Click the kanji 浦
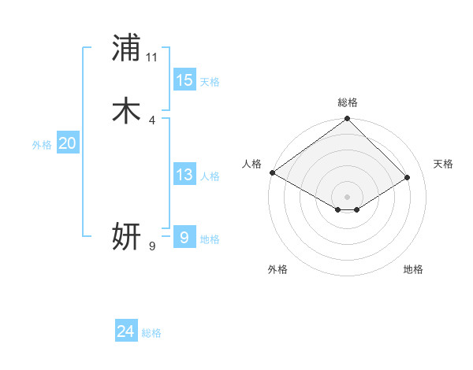click(126, 48)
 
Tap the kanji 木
click(126, 111)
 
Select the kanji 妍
click(126, 237)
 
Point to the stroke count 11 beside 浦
click(152, 57)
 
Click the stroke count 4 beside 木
click(152, 120)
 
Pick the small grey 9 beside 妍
click(152, 246)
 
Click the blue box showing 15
click(184, 80)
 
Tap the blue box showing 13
click(184, 175)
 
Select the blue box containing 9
click(184, 237)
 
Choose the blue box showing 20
click(68, 143)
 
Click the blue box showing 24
click(126, 331)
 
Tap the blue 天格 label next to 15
click(210, 82)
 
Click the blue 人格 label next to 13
click(210, 176)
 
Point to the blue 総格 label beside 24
click(151, 333)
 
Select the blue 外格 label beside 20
click(42, 145)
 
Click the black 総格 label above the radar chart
click(348, 102)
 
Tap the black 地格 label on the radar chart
click(413, 269)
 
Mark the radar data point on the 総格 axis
click(348, 120)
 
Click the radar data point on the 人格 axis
click(272, 172)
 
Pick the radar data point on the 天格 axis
click(408, 178)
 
